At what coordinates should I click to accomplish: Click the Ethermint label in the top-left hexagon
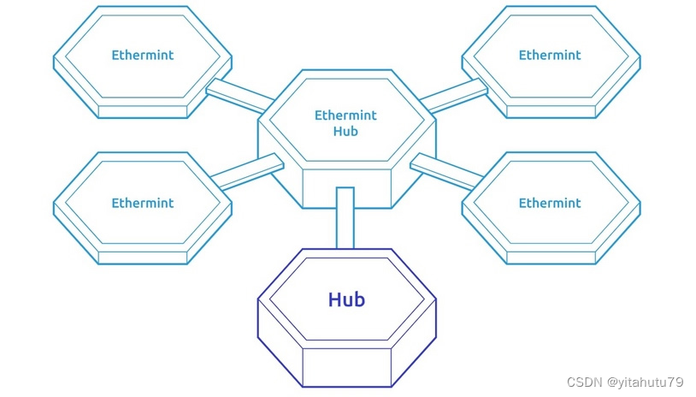(x=142, y=55)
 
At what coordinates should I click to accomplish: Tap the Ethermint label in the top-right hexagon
(x=550, y=55)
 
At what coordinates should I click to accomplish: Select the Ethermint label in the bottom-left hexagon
(x=142, y=203)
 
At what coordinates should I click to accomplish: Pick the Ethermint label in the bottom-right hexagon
(x=550, y=203)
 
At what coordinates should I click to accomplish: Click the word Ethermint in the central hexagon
(x=345, y=116)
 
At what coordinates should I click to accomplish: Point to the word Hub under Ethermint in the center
(x=345, y=132)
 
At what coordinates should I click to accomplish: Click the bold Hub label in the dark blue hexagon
(x=346, y=299)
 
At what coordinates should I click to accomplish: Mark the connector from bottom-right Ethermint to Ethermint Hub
(x=446, y=170)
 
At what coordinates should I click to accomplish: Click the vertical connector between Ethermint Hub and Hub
(x=345, y=217)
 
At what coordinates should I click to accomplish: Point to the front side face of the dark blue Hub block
(x=346, y=367)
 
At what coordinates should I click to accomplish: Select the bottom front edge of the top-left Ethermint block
(x=142, y=111)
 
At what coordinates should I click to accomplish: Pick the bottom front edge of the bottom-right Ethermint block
(x=550, y=258)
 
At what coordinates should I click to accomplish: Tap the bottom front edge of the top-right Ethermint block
(x=550, y=111)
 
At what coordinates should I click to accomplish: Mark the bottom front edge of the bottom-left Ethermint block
(x=142, y=258)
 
